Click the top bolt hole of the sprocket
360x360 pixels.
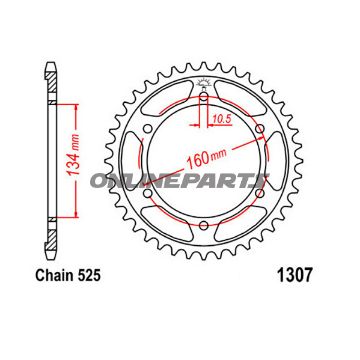[x=204, y=100]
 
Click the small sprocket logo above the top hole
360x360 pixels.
[x=204, y=84]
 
